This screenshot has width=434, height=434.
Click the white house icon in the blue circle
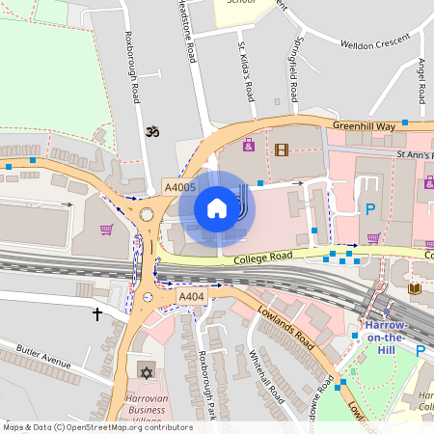(x=217, y=207)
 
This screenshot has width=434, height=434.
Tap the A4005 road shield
(x=180, y=188)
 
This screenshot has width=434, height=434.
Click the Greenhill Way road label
(x=365, y=126)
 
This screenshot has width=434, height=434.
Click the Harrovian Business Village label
(x=152, y=407)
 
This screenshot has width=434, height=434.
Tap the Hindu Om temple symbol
(x=149, y=131)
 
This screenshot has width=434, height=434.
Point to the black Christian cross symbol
(x=96, y=314)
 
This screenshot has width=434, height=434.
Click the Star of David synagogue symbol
(x=146, y=372)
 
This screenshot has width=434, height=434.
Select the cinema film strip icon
(x=281, y=149)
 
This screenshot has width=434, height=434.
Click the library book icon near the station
(x=415, y=287)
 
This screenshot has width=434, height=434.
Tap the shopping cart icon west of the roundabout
(x=106, y=230)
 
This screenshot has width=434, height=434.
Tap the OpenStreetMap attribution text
(x=97, y=427)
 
